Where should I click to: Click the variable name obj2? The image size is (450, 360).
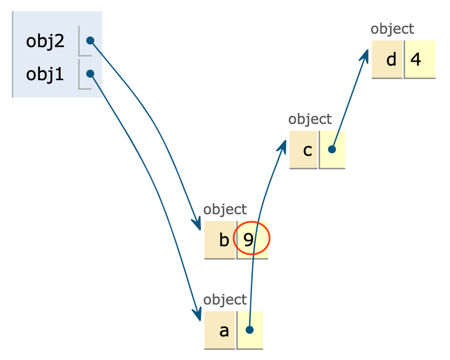(x=45, y=41)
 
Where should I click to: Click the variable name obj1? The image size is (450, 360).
(x=45, y=74)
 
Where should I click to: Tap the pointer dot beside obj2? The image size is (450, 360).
(x=90, y=41)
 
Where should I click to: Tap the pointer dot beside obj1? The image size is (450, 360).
(x=90, y=73)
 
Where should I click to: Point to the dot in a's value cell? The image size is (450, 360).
(x=250, y=330)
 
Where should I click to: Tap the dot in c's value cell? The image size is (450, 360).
(x=332, y=150)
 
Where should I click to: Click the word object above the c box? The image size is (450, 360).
(x=310, y=119)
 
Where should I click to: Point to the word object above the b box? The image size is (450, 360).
(x=225, y=210)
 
